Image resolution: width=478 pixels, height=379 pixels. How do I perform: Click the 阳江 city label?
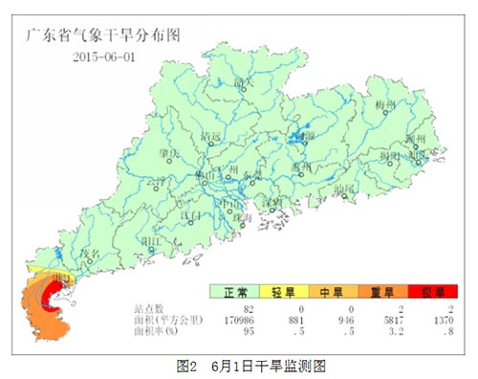(x=148, y=240)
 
